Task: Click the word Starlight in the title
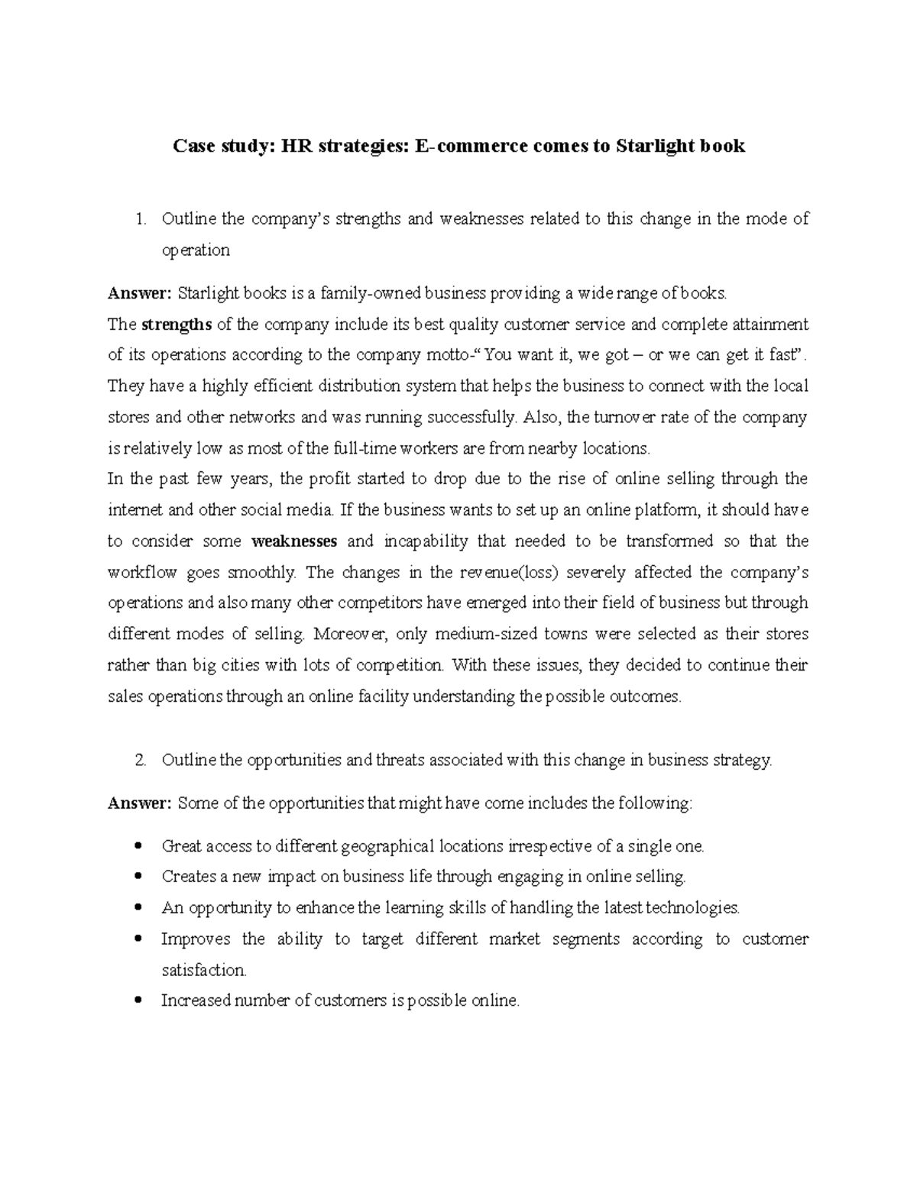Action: coord(648,146)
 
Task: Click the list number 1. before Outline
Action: coord(140,220)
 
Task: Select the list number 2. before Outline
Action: coord(140,761)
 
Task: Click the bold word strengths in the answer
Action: coord(177,325)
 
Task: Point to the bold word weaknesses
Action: coord(294,541)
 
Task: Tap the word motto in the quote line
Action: coord(444,355)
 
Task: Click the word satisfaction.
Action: coord(204,971)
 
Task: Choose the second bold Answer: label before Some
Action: coord(141,803)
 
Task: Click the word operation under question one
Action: coord(195,250)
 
